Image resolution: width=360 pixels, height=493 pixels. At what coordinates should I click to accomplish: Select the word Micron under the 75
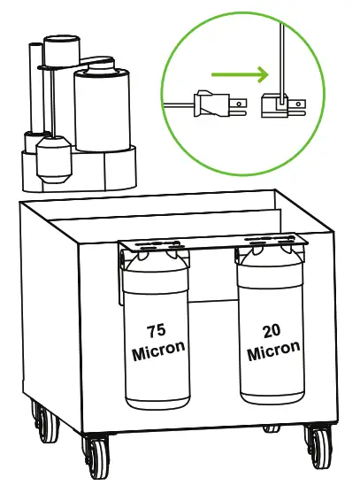pos(159,350)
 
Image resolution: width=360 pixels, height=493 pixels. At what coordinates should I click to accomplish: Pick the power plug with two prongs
pos(212,104)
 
